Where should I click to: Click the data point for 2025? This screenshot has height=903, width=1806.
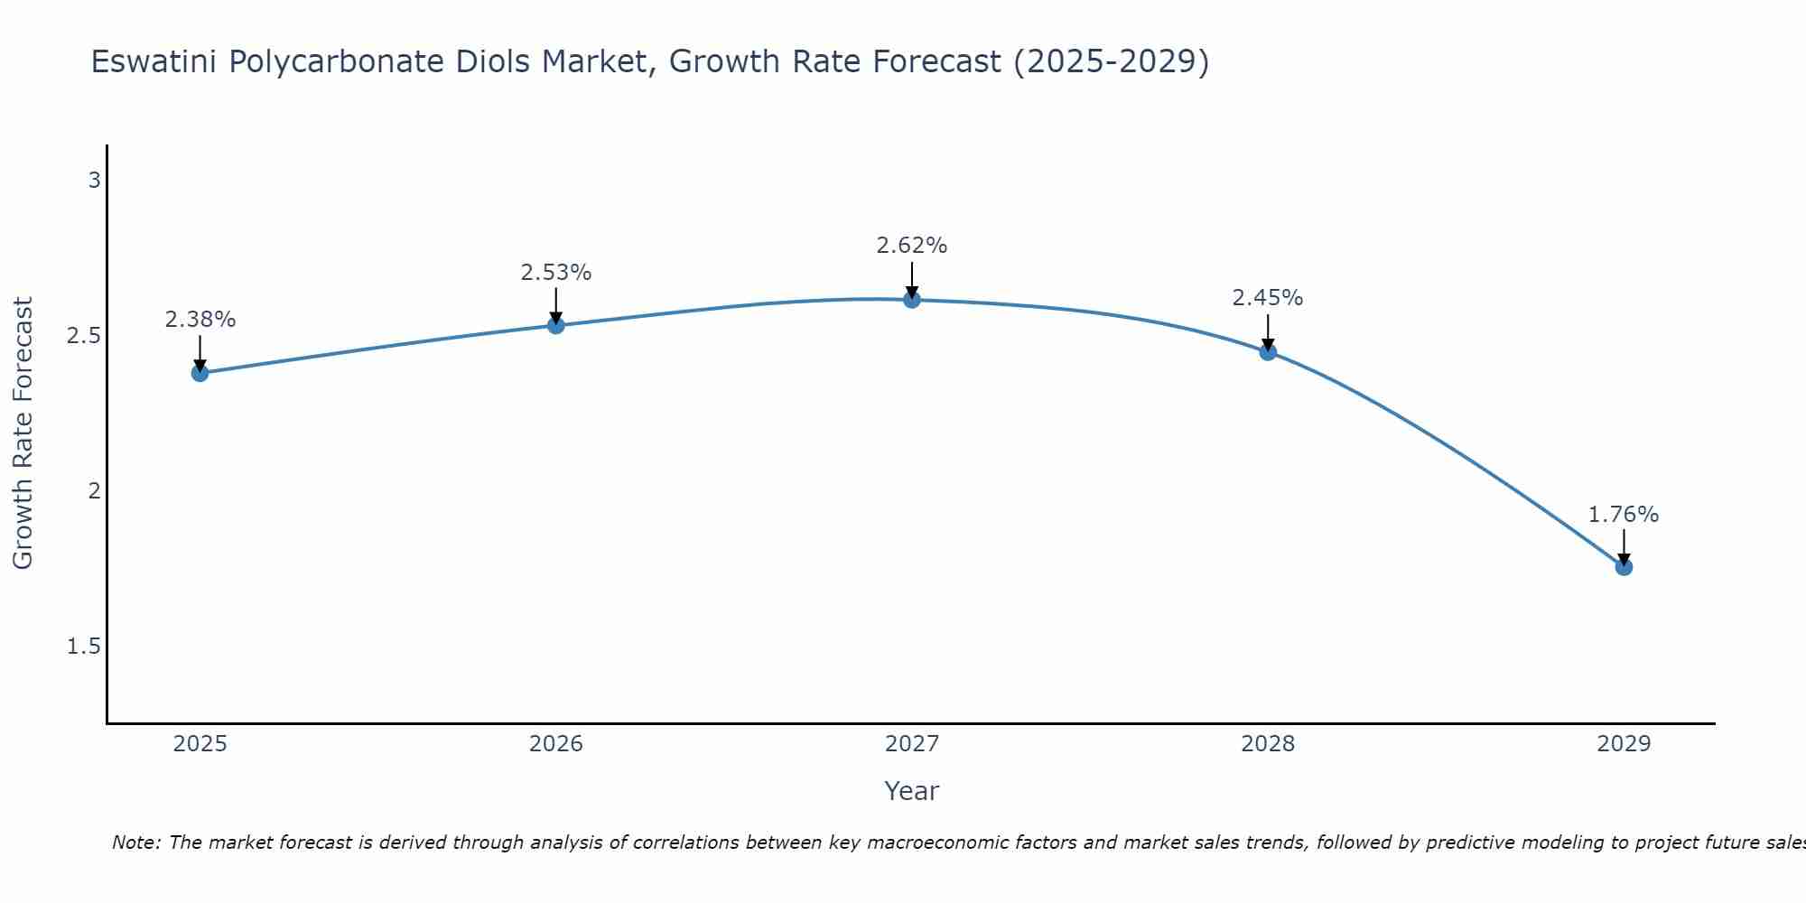(200, 373)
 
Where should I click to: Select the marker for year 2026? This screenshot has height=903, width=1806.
(556, 325)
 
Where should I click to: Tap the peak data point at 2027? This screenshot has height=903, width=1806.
(912, 300)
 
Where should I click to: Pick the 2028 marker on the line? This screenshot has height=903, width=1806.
(1268, 352)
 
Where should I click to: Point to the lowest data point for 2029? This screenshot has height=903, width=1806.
(1624, 567)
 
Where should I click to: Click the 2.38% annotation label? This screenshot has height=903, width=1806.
(200, 320)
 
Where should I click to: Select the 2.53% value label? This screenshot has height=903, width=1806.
(556, 273)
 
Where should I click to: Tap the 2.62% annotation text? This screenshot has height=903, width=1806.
(912, 246)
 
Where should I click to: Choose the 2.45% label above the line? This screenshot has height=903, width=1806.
(1268, 298)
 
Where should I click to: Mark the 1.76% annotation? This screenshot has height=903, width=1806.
(1624, 515)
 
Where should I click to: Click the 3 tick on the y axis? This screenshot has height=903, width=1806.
(94, 181)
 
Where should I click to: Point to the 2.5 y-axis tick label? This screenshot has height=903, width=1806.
(84, 336)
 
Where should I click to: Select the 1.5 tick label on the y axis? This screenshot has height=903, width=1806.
(84, 647)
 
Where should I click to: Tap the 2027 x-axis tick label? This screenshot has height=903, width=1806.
(912, 744)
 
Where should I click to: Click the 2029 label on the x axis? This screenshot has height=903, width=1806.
(1624, 744)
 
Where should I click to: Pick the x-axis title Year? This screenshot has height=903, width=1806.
(912, 791)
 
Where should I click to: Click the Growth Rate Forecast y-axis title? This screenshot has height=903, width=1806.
(23, 433)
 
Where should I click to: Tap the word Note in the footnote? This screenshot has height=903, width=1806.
(135, 842)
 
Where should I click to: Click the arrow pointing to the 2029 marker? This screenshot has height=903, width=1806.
(1624, 545)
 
